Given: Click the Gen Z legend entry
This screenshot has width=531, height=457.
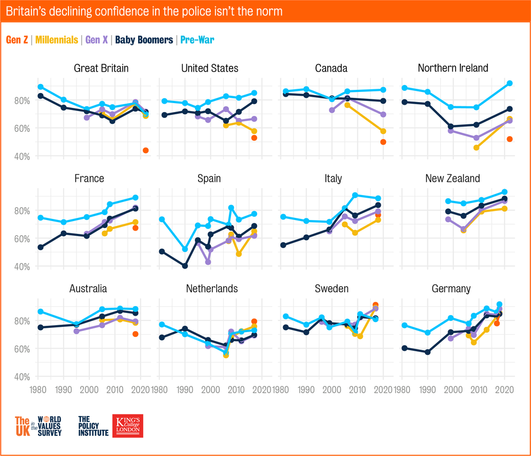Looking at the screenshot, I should [16, 40].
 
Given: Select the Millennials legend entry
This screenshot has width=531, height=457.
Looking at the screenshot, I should [55, 40].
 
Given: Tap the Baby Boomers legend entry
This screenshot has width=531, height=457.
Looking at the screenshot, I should [144, 40].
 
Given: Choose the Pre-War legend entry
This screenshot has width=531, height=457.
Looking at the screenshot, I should [197, 40].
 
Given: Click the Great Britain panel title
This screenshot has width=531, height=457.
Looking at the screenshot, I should [101, 68].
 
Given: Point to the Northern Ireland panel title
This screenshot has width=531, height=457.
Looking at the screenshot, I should [453, 68].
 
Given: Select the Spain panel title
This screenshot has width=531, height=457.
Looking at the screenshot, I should [209, 179].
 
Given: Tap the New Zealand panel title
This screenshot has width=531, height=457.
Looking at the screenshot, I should [452, 179].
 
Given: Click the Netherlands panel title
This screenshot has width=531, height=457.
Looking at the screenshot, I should [212, 289].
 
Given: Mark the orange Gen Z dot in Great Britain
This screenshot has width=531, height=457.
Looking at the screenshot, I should [145, 150].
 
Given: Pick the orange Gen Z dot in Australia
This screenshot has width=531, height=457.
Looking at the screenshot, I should [135, 334].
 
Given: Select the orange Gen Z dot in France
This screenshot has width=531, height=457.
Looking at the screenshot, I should [135, 228].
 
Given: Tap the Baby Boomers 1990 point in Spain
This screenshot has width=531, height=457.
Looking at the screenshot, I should [185, 266].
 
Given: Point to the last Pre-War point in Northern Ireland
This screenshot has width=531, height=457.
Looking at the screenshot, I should [510, 83].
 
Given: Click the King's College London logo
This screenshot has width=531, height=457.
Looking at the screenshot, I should [128, 426].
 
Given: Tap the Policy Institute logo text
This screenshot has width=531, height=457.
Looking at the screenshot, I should [93, 426].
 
